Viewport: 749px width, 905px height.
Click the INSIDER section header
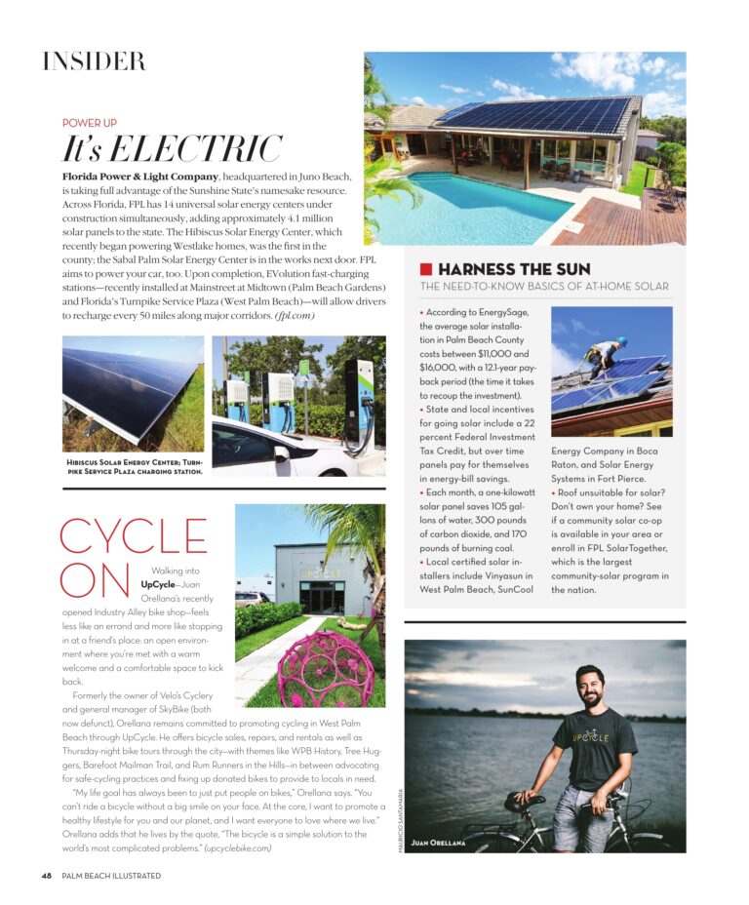coord(94,61)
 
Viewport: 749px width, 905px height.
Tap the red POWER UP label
coord(90,124)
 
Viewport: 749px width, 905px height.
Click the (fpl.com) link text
coord(294,316)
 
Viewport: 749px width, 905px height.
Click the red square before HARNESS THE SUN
coord(425,268)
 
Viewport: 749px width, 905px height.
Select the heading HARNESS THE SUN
coord(514,268)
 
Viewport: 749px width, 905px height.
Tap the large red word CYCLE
coord(134,538)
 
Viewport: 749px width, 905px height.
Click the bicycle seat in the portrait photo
coord(525,802)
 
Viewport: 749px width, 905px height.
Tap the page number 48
coord(46,876)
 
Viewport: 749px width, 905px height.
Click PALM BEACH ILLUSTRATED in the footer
coord(110,876)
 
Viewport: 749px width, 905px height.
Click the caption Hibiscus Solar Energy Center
coord(134,466)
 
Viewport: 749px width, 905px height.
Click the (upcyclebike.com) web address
coord(237,848)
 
